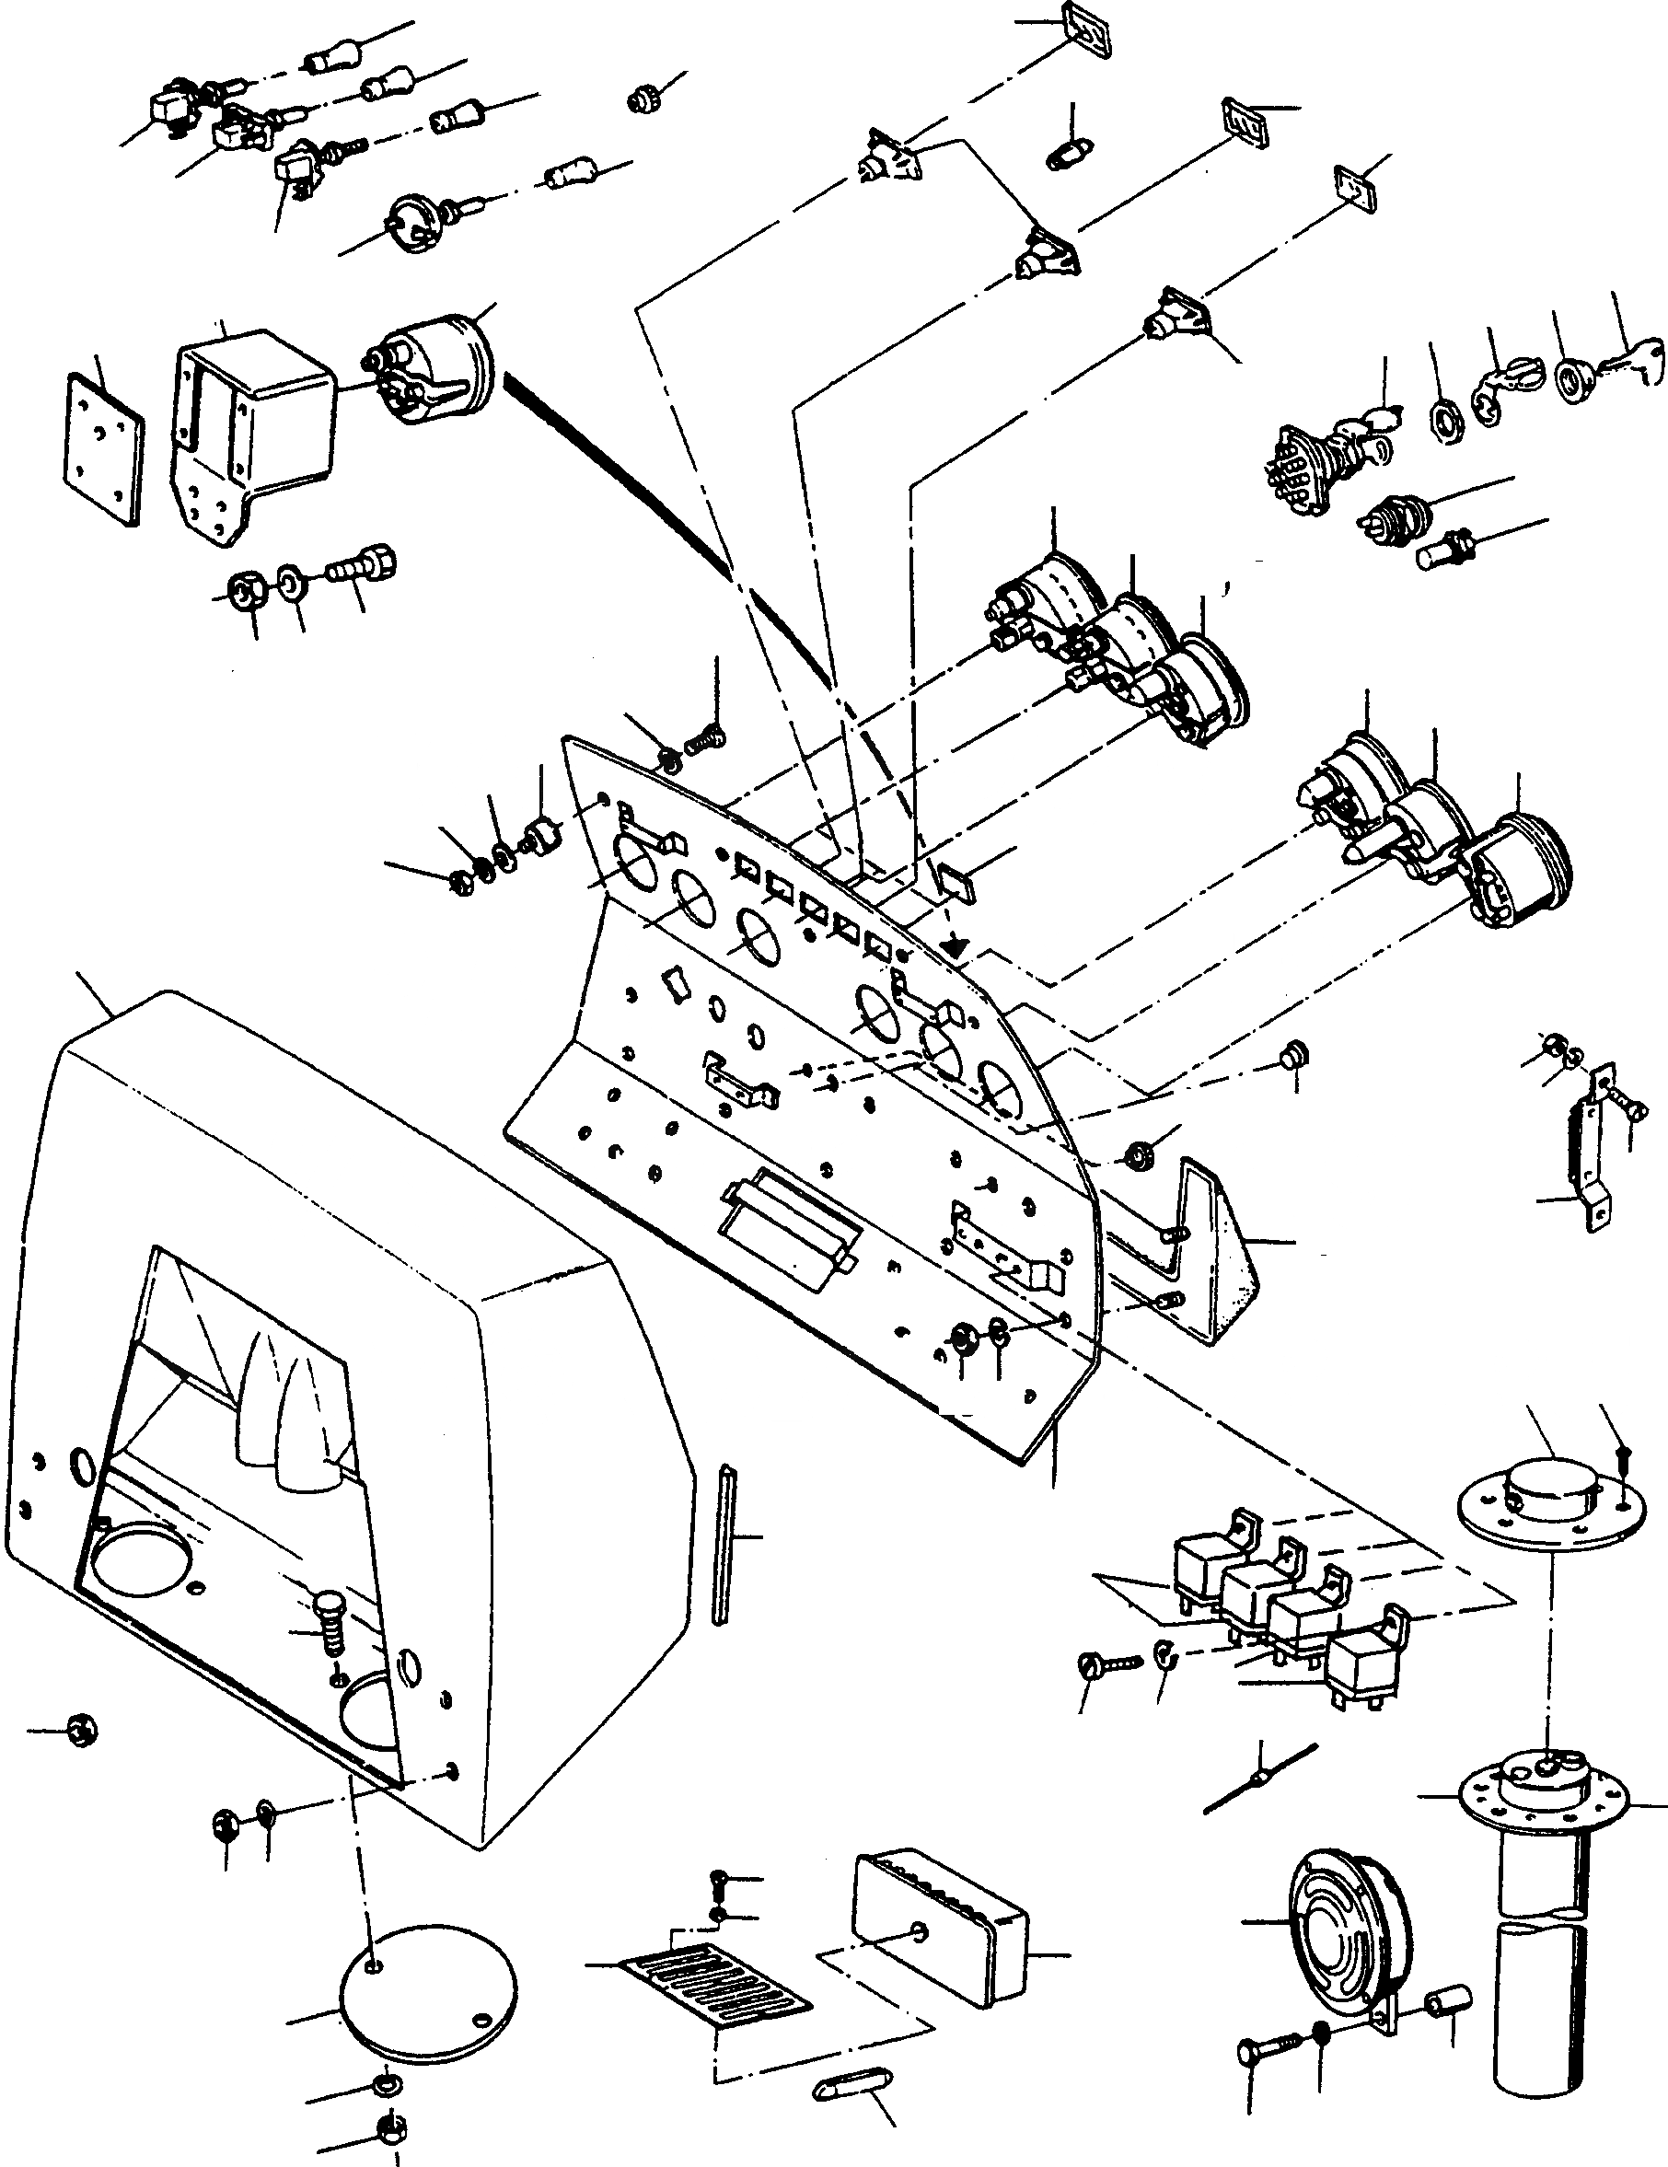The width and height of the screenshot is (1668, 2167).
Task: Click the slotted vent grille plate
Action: (713, 1980)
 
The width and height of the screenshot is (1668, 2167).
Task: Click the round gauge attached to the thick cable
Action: (436, 369)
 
